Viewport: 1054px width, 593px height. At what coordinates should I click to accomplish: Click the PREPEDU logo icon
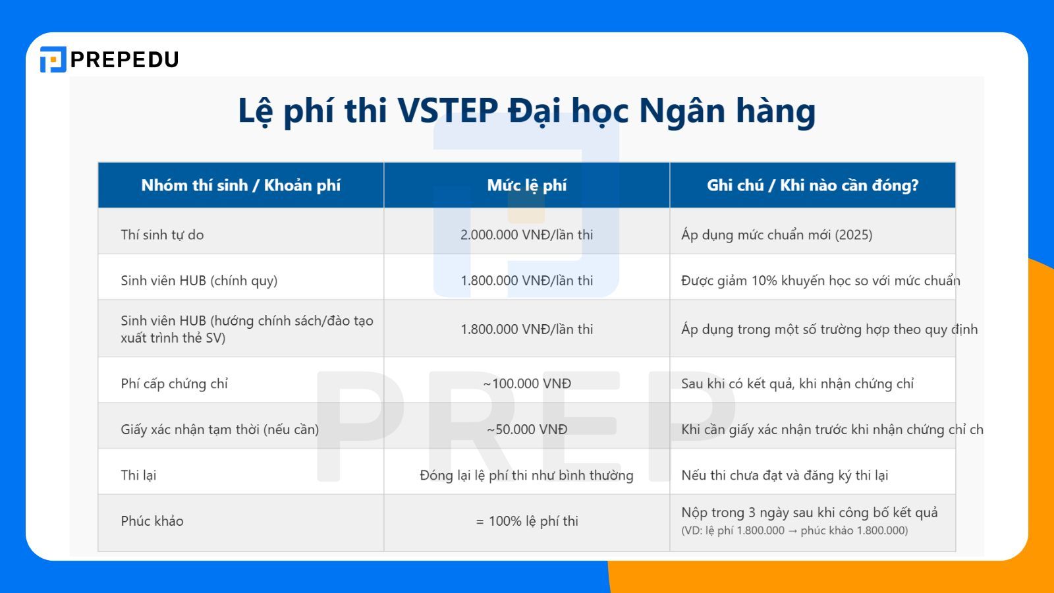pos(53,59)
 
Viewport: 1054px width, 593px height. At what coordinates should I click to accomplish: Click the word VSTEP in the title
pos(447,111)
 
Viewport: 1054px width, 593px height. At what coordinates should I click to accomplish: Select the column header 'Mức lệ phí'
pos(526,185)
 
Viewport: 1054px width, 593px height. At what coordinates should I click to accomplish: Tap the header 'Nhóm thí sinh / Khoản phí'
pos(240,185)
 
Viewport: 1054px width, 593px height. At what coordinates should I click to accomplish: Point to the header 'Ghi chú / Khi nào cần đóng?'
pos(812,185)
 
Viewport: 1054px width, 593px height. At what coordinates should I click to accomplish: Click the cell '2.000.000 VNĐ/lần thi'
pos(526,235)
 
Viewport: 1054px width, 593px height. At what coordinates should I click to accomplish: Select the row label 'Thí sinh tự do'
pos(162,235)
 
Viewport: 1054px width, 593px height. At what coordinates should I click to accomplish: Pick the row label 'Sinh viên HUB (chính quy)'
pos(199,281)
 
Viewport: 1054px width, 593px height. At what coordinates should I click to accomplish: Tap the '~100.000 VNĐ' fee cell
pos(526,383)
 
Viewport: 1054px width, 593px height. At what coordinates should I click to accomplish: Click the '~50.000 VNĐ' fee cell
pos(526,430)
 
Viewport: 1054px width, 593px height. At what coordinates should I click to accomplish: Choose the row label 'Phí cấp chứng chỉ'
pos(174,383)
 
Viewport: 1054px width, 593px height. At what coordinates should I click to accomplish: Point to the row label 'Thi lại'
pos(138,475)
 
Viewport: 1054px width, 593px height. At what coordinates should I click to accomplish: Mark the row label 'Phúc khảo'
pos(152,521)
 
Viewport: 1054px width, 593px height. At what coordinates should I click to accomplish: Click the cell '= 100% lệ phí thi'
pos(526,521)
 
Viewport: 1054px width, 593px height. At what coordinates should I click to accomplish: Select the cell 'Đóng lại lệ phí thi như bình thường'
pos(526,475)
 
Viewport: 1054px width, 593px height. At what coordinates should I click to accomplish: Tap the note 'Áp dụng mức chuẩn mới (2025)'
pos(777,235)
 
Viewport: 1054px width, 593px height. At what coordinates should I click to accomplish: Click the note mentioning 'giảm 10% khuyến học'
pos(820,281)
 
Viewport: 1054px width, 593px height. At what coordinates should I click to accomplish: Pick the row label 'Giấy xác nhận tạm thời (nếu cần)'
pos(219,430)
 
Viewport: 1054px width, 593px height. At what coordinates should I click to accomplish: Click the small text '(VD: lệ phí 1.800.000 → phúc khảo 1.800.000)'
pos(794,531)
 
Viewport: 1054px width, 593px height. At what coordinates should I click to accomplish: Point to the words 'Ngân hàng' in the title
pos(727,111)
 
